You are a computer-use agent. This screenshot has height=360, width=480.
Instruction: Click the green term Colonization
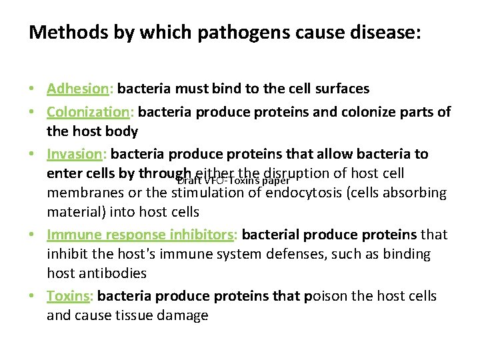pos(89,111)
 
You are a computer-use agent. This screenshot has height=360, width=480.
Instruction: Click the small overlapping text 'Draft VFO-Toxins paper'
pos(233,180)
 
